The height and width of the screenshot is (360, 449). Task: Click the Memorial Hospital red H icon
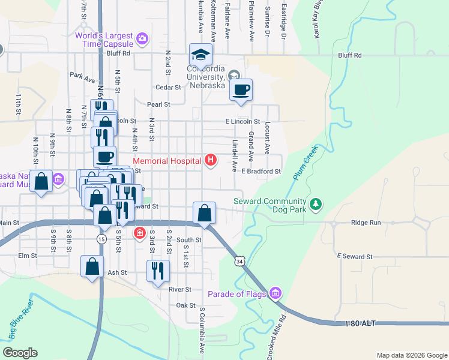pos(210,160)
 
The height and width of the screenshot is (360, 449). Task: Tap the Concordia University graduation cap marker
pos(200,56)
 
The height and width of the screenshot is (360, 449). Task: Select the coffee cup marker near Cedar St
pos(241,91)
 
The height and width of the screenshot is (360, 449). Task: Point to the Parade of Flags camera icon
pos(276,293)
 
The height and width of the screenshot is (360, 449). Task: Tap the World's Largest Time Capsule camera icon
pos(142,40)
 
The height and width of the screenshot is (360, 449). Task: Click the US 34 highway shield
pos(240,262)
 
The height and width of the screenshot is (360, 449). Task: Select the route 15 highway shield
pos(102,239)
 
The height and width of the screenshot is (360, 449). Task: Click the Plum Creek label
pos(305,163)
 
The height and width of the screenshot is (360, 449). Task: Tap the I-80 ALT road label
pos(360,323)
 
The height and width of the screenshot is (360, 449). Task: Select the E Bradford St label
pos(261,171)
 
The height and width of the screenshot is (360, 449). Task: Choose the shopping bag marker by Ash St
pos(92,266)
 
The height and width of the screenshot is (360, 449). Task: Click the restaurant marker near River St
pos(158,271)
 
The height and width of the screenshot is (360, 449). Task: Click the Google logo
pos(20,353)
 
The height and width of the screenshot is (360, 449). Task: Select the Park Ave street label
pos(82,77)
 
